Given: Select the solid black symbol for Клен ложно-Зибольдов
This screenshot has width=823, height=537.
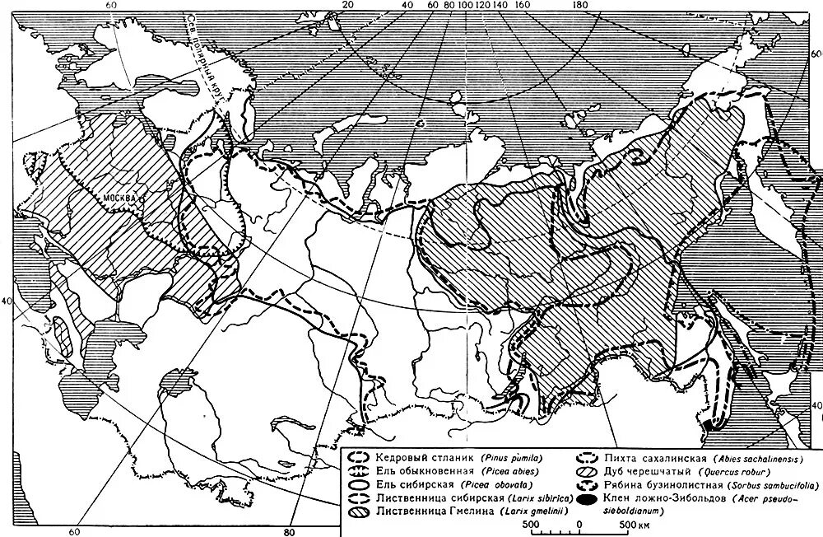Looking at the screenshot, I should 588,499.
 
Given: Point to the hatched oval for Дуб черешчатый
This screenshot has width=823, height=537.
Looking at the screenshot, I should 588,472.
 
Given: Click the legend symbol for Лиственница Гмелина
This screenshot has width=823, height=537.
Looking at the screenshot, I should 358,511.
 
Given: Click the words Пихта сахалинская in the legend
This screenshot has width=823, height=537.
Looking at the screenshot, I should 653,458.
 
